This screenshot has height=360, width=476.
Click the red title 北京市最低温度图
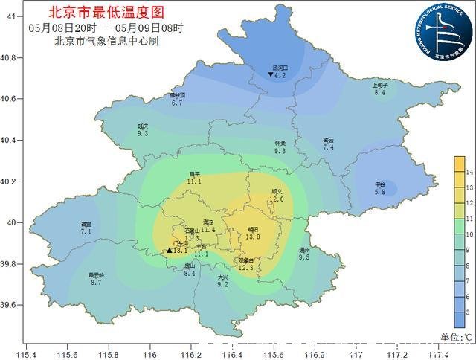[104, 13]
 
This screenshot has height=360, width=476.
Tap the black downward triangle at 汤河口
[271, 74]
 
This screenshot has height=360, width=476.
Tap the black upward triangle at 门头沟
[170, 251]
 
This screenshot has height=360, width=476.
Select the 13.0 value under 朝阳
[253, 237]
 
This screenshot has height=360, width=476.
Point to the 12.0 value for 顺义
[277, 199]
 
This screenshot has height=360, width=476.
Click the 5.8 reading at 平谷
[380, 192]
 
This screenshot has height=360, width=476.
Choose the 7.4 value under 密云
[328, 148]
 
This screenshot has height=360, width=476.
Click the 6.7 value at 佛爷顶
[177, 103]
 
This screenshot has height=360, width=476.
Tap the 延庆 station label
[144, 126]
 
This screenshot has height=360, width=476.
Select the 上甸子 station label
[380, 86]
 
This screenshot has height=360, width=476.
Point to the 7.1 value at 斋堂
[86, 232]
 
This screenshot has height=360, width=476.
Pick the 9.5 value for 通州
[304, 257]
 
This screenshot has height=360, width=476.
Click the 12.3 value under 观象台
[246, 268]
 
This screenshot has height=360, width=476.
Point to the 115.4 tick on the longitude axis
[26, 355]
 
